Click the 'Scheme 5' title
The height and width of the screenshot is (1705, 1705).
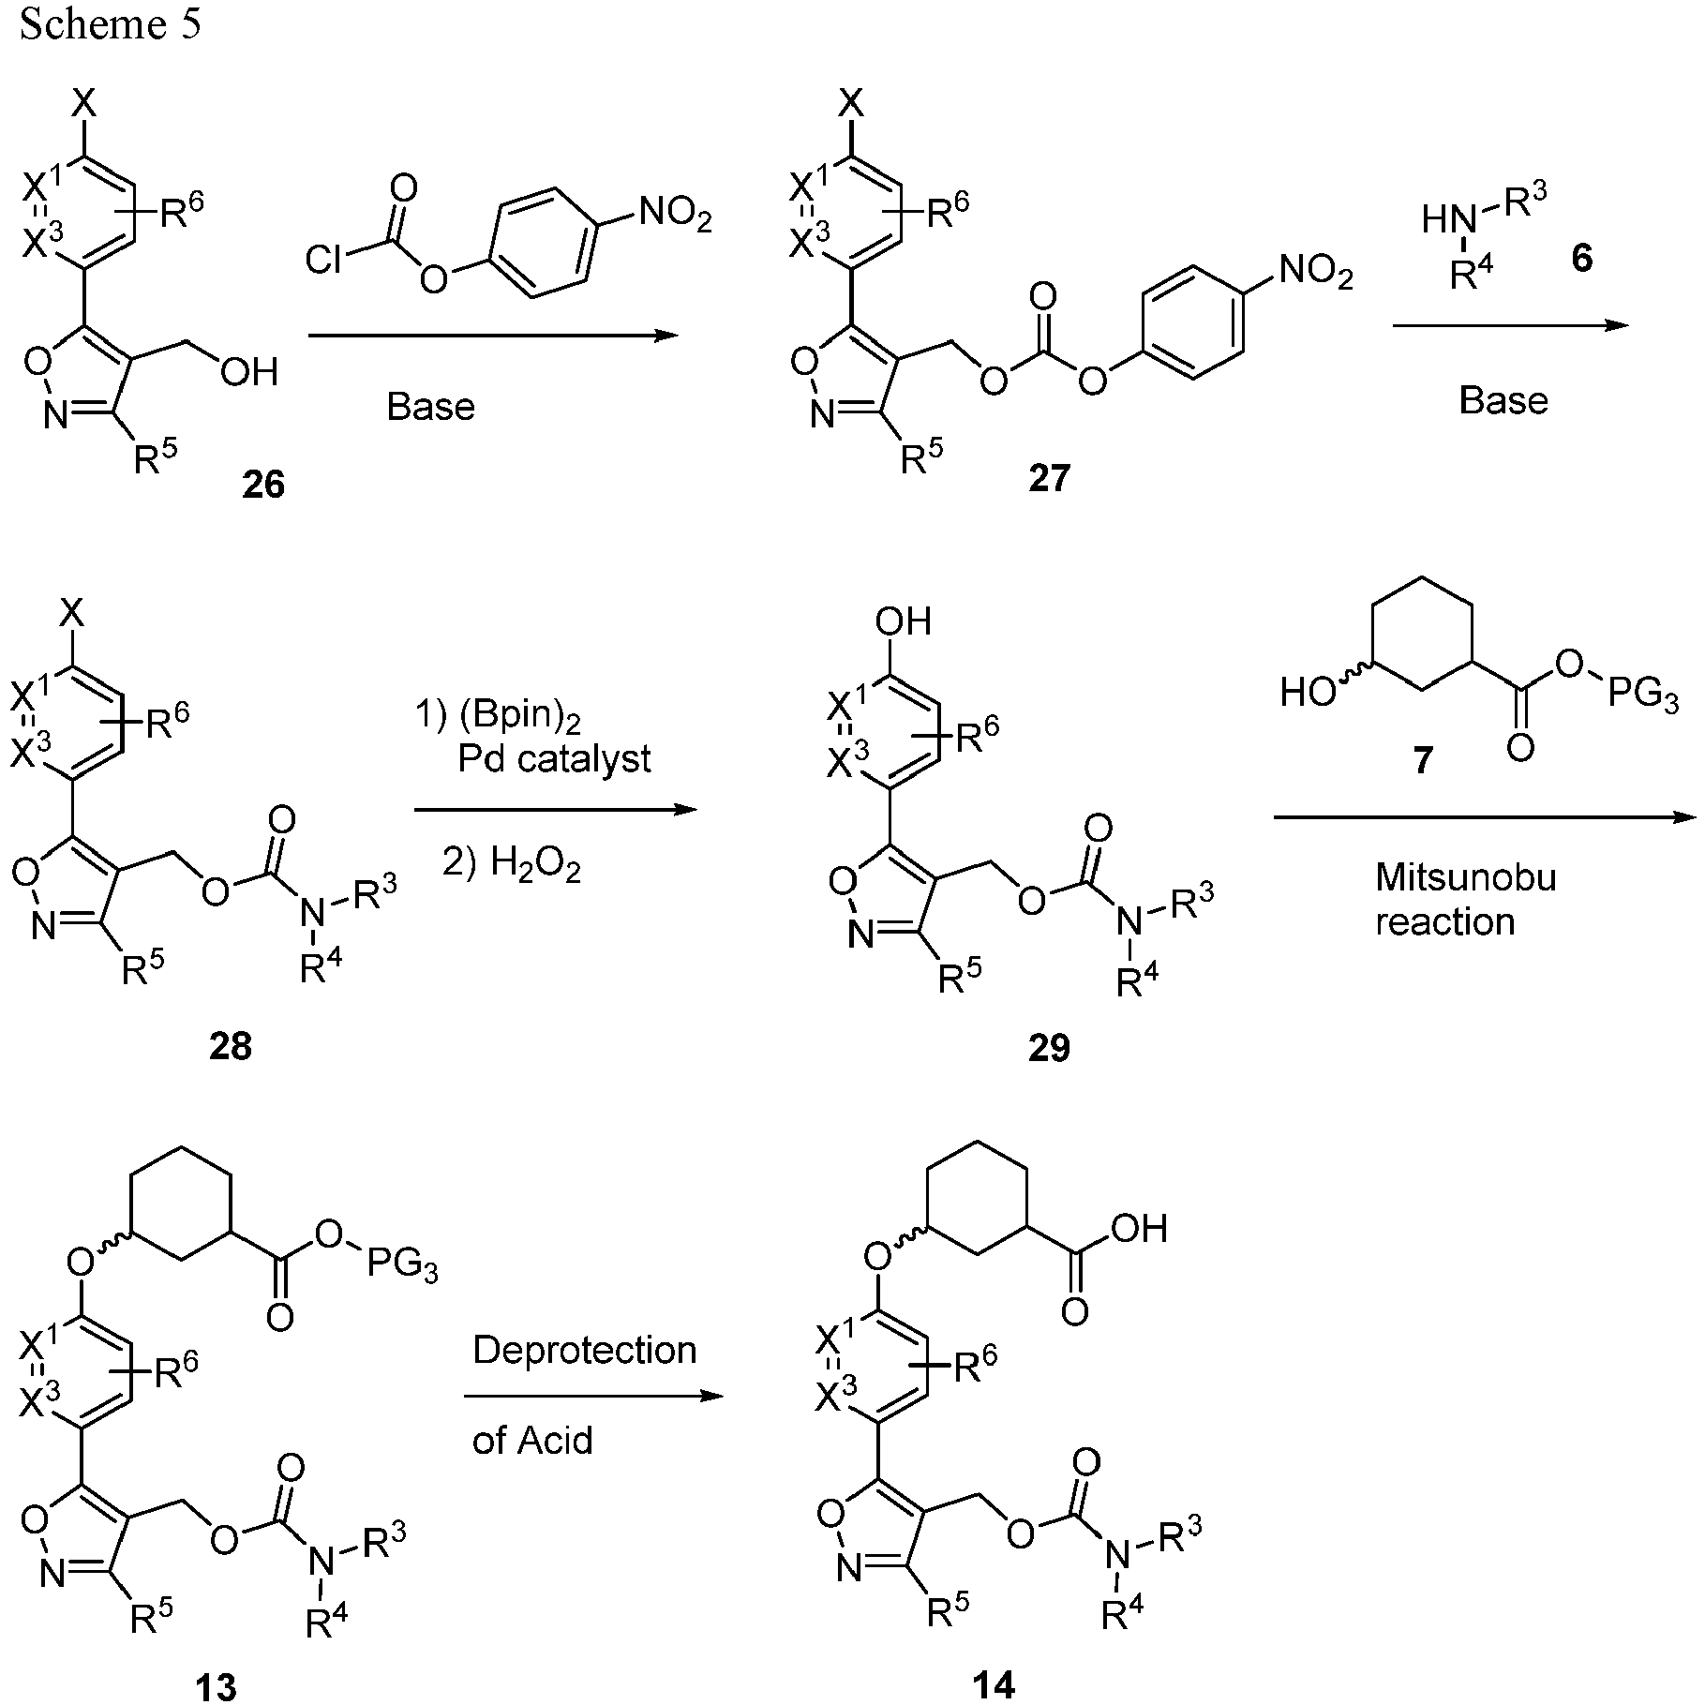(110, 24)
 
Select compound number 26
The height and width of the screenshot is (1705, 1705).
(263, 485)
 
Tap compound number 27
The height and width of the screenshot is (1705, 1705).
(1049, 478)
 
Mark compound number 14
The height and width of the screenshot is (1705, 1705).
(994, 1684)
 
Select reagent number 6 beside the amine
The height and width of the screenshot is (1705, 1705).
(1581, 258)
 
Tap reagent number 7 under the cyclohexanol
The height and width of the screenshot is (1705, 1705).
(1423, 760)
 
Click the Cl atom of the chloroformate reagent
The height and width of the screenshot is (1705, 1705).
(324, 262)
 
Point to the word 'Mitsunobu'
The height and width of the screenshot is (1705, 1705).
(1466, 877)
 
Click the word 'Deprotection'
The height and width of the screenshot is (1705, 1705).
(585, 1350)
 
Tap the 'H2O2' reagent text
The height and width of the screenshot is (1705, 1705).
(535, 867)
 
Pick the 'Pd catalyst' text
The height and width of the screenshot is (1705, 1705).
(554, 758)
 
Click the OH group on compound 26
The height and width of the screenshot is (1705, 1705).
(248, 373)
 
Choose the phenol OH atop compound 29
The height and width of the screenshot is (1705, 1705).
(903, 621)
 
